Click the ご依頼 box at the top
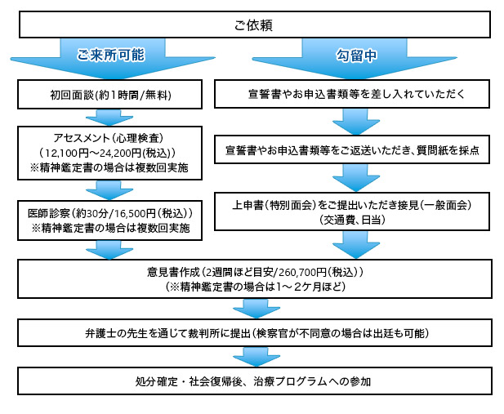pos(252,25)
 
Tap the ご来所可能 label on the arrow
pos(111,55)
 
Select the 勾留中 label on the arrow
pos(355,55)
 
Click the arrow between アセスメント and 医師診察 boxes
pos(109,187)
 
